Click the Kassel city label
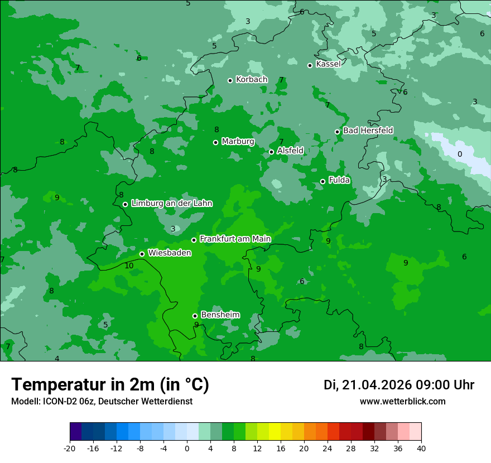coord(328,64)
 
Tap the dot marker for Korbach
coord(230,80)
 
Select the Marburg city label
coord(238,142)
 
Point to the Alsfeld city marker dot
coord(272,152)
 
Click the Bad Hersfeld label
coord(368,131)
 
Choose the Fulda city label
coord(339,180)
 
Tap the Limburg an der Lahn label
coord(171,204)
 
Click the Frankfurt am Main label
coord(235,239)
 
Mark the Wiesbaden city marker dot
coord(142,254)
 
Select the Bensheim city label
coord(220,315)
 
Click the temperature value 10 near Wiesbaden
coord(129,266)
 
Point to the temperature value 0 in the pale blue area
coord(460,154)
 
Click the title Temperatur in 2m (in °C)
coord(110,385)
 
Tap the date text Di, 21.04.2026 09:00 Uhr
coord(399,385)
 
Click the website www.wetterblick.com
coord(402,402)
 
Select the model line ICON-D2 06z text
coord(102,402)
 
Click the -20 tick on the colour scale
coord(70,448)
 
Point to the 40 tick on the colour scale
coord(421,448)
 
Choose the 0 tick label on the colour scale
coord(187,448)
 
